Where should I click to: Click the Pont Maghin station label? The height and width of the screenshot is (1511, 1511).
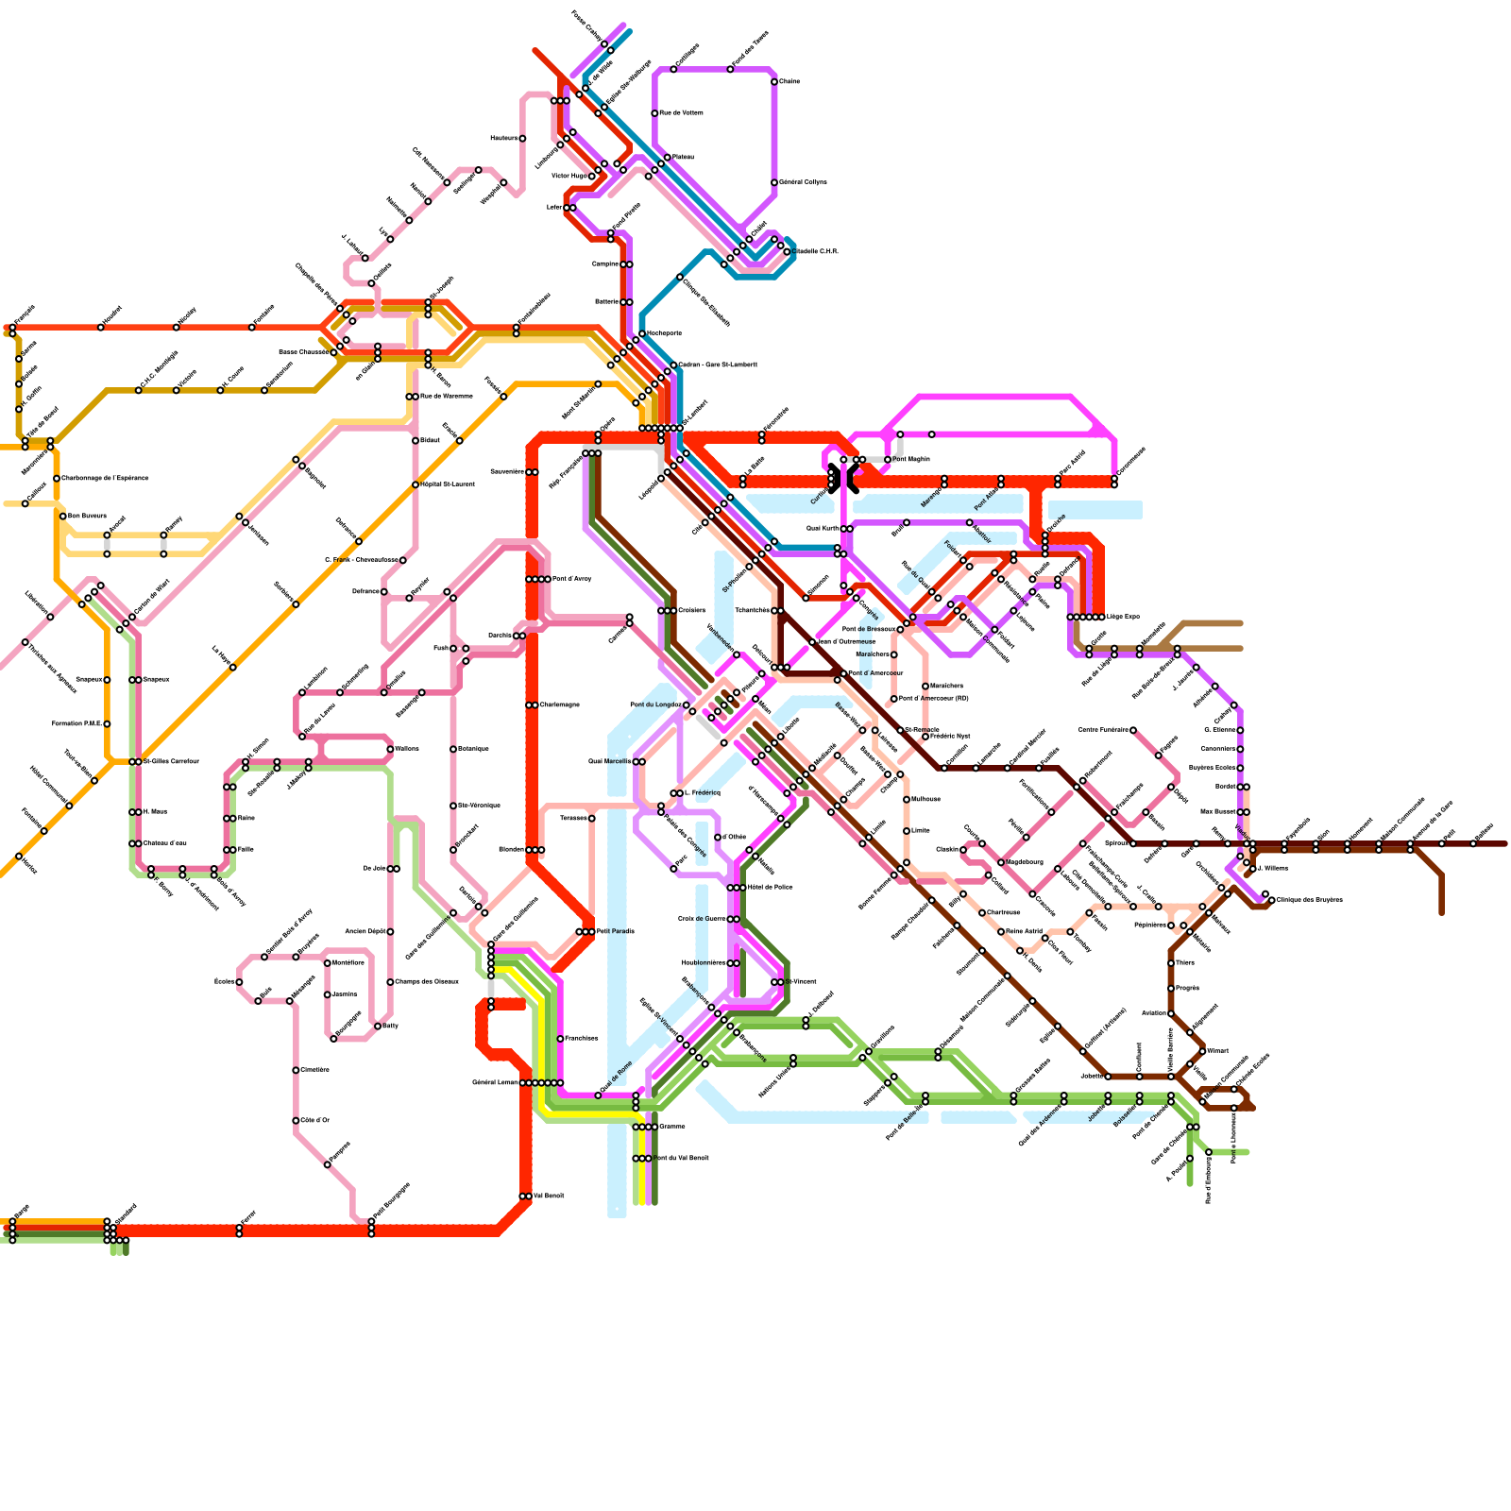click(x=911, y=459)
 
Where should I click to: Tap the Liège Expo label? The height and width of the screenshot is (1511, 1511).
click(x=1123, y=617)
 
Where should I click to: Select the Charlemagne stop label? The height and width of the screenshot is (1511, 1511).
click(x=559, y=705)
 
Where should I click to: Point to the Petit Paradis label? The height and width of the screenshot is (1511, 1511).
click(x=616, y=931)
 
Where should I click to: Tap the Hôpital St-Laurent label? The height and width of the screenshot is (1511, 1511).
click(x=448, y=484)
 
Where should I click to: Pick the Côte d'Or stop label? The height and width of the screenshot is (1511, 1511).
click(x=315, y=1120)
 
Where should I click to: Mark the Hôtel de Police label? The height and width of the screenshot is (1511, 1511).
click(x=770, y=887)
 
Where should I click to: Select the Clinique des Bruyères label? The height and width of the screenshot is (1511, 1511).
click(x=1308, y=899)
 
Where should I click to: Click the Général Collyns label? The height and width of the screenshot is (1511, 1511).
click(x=803, y=182)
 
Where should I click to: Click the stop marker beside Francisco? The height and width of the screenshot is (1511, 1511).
click(x=561, y=1039)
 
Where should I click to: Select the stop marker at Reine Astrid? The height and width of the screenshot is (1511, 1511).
click(x=1001, y=931)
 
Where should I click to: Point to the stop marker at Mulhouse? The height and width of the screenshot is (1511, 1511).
click(x=907, y=799)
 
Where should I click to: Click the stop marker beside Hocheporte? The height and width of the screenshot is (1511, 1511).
click(x=642, y=333)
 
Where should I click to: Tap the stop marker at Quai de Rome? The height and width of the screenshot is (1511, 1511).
click(x=598, y=1095)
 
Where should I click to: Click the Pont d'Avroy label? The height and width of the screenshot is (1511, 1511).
click(x=572, y=579)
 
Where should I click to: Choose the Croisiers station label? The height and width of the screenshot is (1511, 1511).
click(x=692, y=610)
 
